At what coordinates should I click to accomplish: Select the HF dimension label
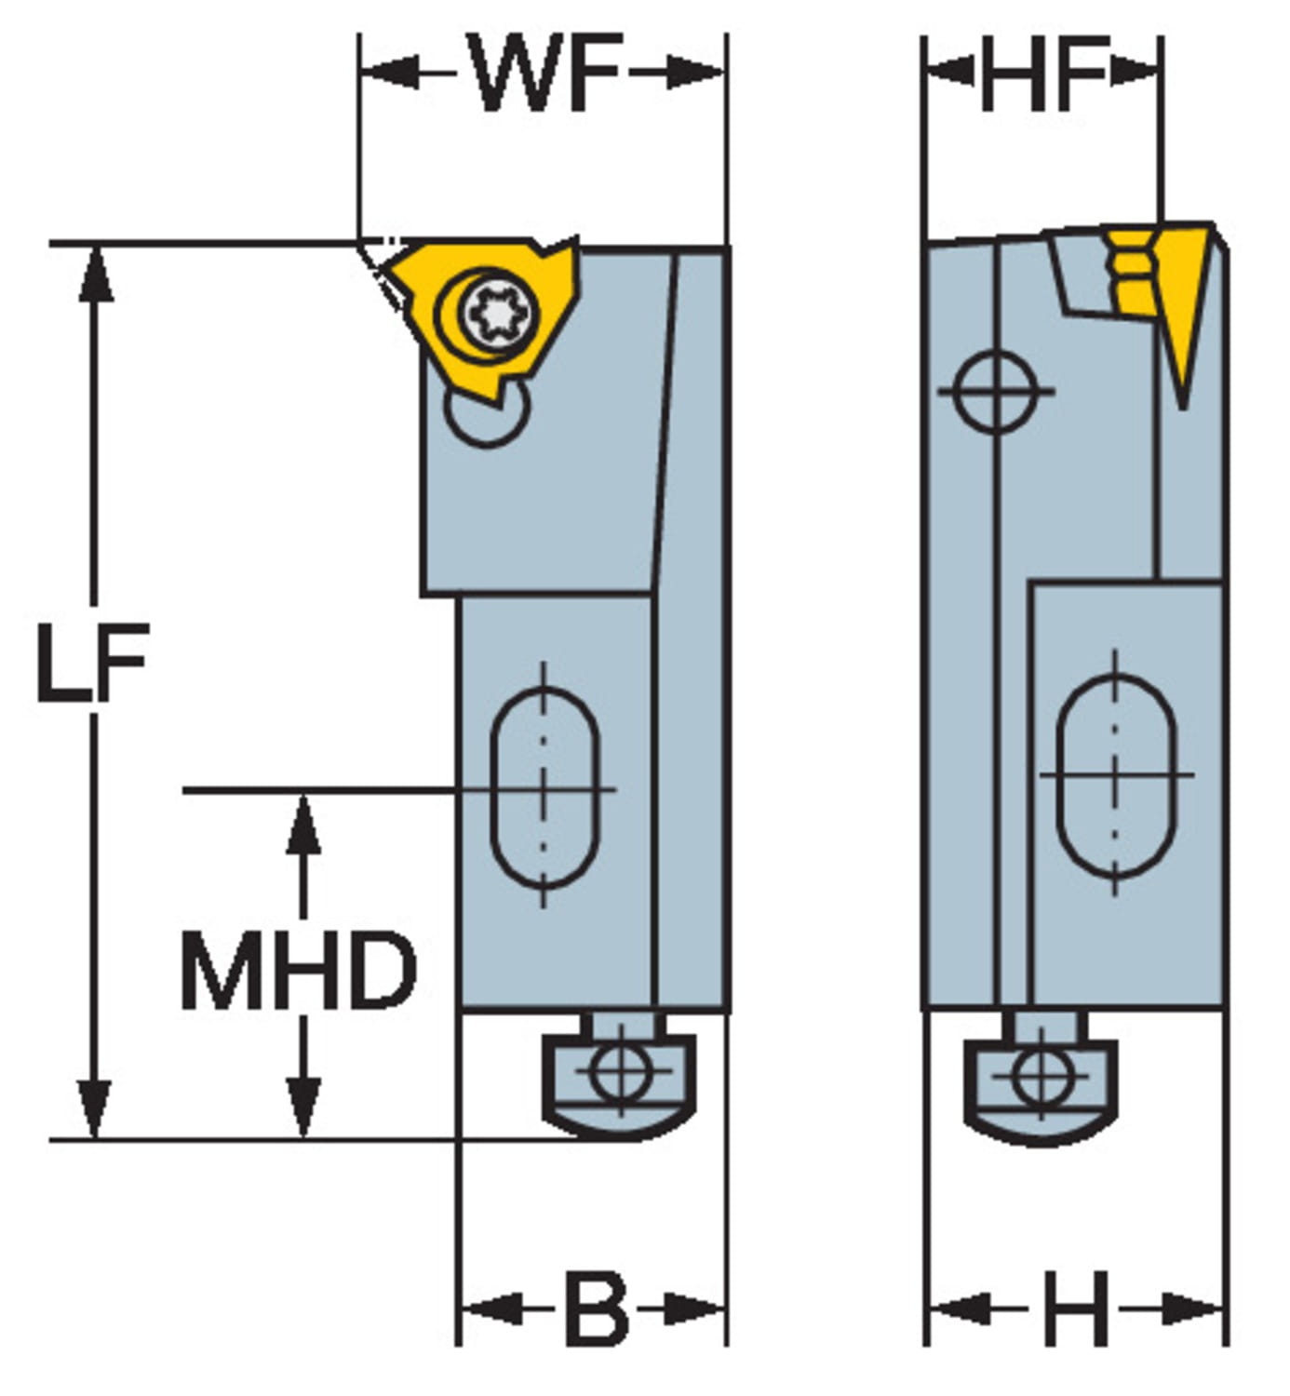1043,74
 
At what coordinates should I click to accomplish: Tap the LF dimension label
91,662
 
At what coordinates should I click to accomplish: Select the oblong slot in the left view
544,787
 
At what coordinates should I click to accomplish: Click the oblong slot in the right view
1116,775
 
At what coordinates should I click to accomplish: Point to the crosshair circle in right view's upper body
995,391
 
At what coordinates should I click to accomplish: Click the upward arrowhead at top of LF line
94,274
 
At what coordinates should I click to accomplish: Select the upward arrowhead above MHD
302,824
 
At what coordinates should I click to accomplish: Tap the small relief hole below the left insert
487,416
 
